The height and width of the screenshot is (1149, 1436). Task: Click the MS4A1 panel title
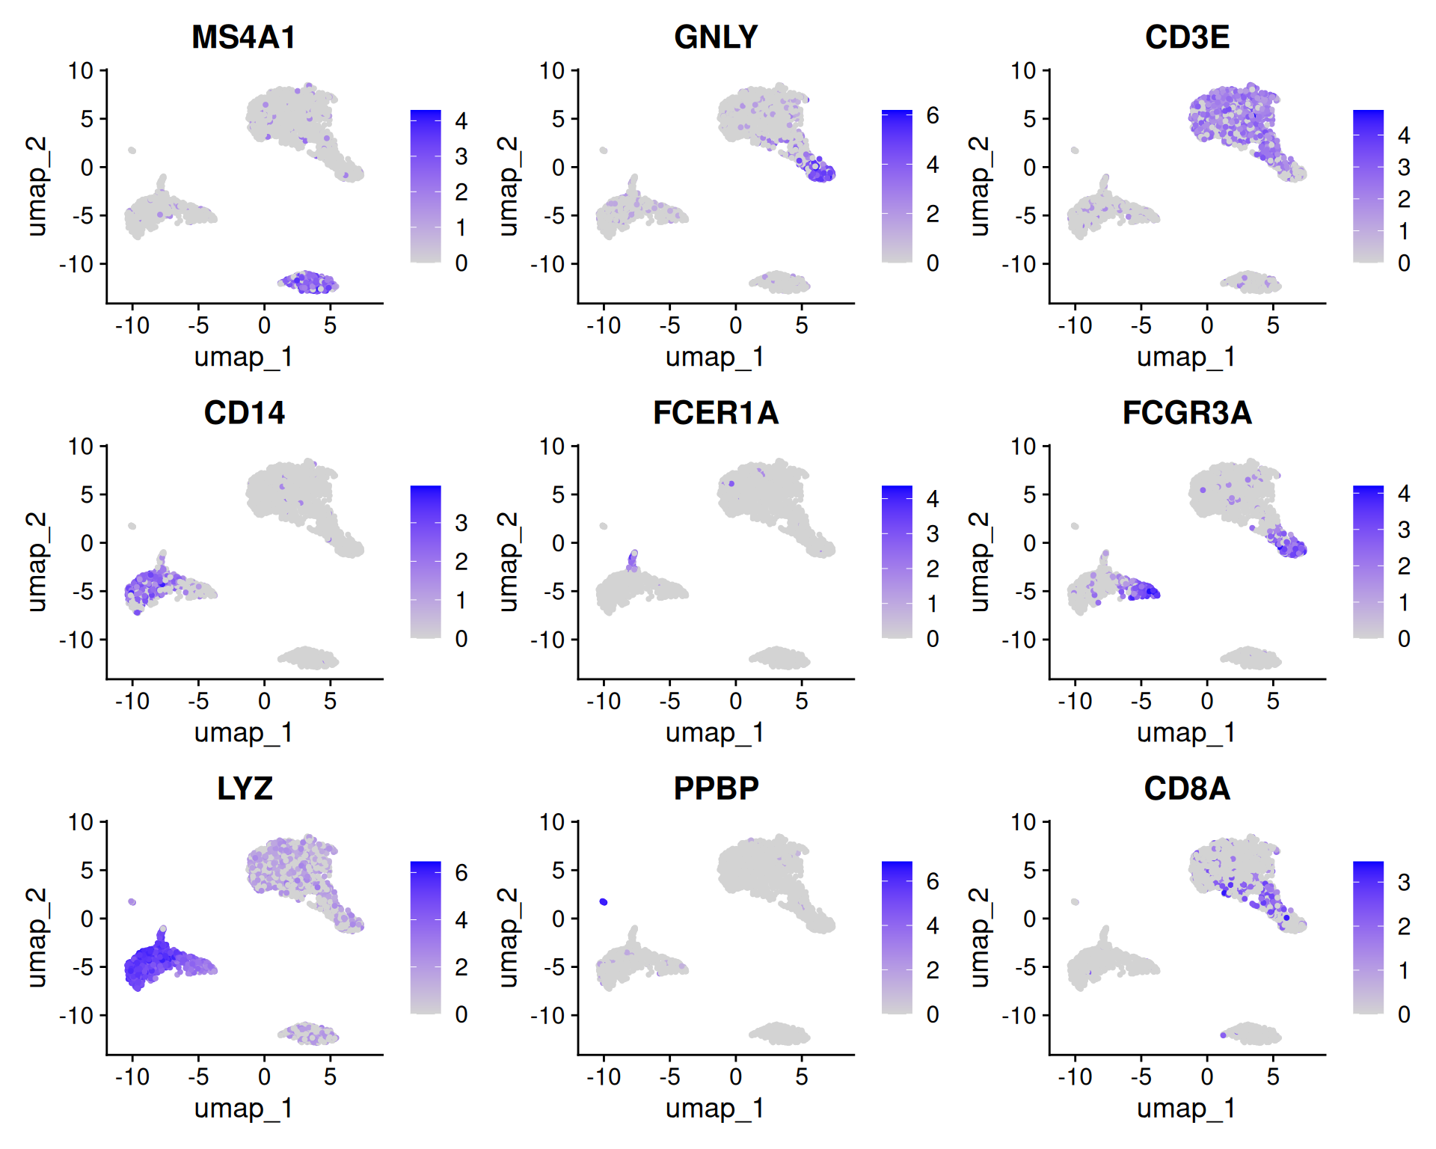pos(244,37)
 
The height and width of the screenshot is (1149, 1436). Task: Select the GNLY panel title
pos(716,37)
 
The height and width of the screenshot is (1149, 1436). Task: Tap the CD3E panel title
pos(1187,37)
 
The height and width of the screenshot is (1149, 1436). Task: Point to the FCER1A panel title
pos(716,413)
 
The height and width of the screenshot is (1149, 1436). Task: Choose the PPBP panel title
pos(716,788)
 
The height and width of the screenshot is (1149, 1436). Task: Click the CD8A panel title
pos(1187,788)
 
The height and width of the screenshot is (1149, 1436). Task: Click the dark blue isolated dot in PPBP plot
pos(604,902)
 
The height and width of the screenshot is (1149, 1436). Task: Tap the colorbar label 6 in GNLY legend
pos(933,116)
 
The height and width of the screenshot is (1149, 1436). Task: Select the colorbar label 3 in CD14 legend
pos(461,523)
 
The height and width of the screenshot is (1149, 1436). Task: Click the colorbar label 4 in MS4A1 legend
pos(461,121)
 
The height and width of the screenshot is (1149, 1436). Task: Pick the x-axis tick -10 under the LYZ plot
pos(132,1077)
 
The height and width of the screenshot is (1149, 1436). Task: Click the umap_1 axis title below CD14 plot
pos(244,733)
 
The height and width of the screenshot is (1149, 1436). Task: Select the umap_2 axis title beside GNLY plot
pos(508,186)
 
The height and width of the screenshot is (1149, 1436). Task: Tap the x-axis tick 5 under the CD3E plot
pos(1273,325)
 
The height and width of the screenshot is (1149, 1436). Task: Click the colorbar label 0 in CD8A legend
pos(1404,1015)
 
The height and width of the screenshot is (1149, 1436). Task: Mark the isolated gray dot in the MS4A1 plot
pos(132,150)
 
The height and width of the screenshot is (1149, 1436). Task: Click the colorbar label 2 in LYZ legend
pos(461,967)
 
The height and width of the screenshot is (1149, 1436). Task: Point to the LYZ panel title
pos(245,788)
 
